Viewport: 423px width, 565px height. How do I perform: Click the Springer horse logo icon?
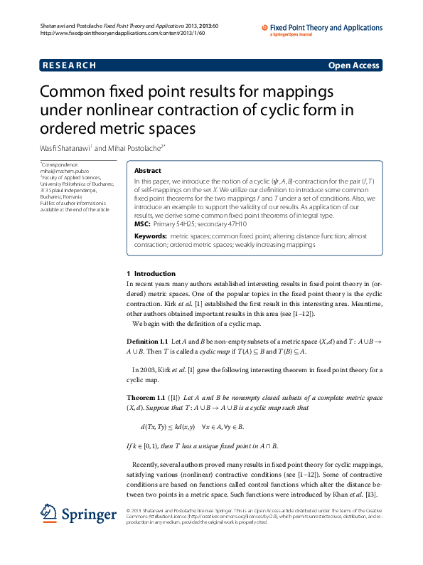tap(48, 513)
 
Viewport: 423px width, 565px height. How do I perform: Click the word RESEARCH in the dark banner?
tap(69, 65)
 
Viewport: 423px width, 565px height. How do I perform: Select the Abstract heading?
tap(147, 171)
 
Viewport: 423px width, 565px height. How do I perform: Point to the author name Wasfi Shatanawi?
tap(64, 148)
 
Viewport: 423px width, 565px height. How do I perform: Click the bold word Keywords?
tap(151, 235)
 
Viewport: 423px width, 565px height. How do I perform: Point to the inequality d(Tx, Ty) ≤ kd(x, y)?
tap(168, 427)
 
